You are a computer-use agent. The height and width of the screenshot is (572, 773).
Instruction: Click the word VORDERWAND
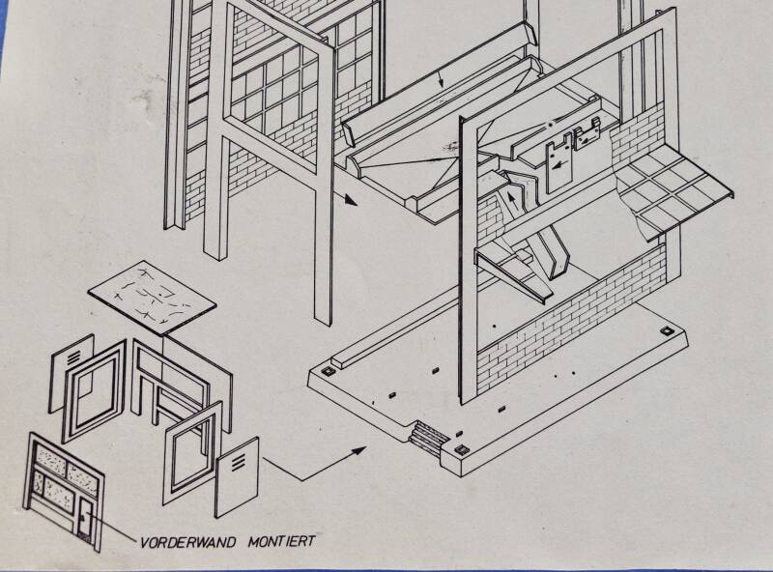tap(184, 542)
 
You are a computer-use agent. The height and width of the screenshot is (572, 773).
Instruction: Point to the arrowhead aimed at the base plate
tap(361, 448)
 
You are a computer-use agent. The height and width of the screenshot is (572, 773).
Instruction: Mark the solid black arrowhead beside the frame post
tap(349, 202)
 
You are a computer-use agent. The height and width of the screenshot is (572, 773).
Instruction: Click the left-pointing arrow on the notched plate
tap(558, 165)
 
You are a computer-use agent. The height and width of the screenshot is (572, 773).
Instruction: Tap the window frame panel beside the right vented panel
tap(192, 448)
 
